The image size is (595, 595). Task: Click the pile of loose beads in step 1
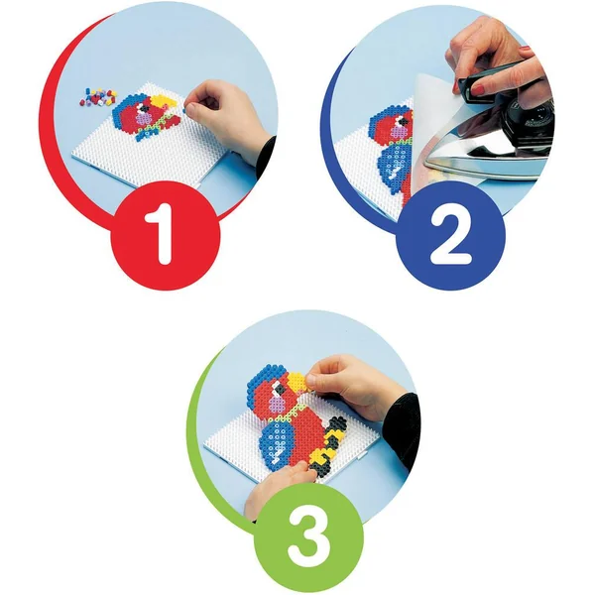pos(98,97)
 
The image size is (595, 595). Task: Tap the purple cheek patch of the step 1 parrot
pos(143,119)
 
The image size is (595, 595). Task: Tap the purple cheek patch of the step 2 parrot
pos(398,133)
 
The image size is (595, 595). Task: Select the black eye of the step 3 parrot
pos(281,388)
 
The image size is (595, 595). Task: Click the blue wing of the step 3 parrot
pos(277,441)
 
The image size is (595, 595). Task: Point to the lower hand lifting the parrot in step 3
pos(277,490)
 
